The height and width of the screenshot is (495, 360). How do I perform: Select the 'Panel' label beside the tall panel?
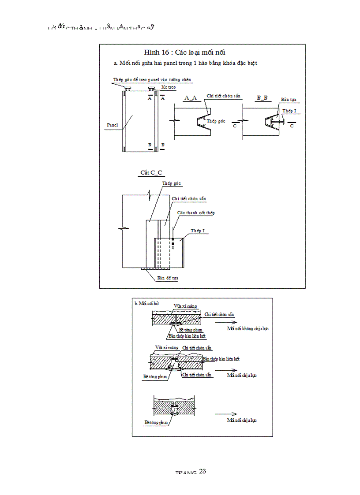pos(112,125)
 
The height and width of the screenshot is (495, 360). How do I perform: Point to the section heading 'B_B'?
pos(262,97)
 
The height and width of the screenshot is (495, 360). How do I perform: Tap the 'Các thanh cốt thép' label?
pos(195,213)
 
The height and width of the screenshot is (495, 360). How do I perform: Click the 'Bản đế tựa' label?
pos(168,278)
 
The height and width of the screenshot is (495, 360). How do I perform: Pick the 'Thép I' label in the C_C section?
pos(197,231)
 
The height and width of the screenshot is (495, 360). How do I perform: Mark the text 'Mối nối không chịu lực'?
pos(247,329)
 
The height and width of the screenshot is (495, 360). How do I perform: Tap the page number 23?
pos(202,471)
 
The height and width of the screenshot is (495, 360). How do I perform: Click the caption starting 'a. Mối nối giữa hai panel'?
pos(185,63)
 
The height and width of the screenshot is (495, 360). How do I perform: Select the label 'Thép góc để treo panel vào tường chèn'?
pos(152,80)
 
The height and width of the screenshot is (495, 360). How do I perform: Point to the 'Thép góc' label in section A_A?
pos(216,121)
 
